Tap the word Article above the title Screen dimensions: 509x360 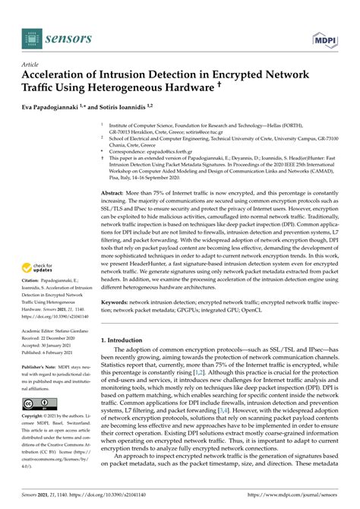[x=32, y=65]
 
